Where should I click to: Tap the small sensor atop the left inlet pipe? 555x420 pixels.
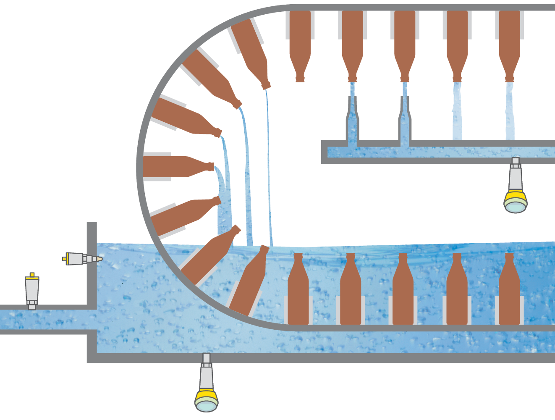pyautogui.click(x=32, y=291)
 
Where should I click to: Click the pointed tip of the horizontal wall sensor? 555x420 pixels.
pyautogui.click(x=99, y=259)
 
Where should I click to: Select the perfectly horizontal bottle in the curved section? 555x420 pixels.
pyautogui.click(x=176, y=167)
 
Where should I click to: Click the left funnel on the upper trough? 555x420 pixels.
pyautogui.click(x=352, y=122)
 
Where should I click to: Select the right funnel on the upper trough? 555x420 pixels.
pyautogui.click(x=405, y=122)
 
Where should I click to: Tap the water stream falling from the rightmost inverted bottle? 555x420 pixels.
pyautogui.click(x=510, y=111)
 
